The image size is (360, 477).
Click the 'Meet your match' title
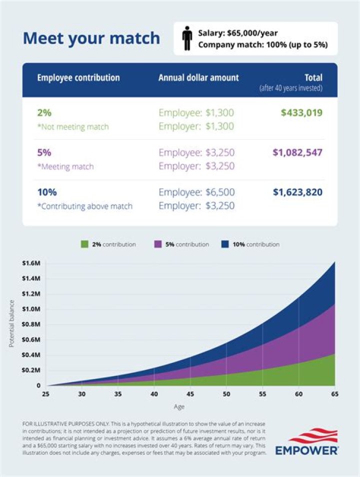click(x=91, y=38)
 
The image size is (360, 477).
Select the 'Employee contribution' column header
click(x=78, y=78)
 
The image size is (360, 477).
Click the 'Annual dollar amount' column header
click(x=198, y=78)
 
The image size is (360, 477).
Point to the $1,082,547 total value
click(x=297, y=152)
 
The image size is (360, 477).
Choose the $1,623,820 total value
click(x=297, y=192)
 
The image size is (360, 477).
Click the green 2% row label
click(x=44, y=113)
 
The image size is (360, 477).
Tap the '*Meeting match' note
click(x=65, y=166)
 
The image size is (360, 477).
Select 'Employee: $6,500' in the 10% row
click(x=196, y=192)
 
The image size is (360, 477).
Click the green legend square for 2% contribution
click(x=84, y=244)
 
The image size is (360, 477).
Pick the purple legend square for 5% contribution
click(x=157, y=244)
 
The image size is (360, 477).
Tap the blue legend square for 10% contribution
click(x=225, y=244)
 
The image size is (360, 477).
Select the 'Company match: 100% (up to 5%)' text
click(x=262, y=45)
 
